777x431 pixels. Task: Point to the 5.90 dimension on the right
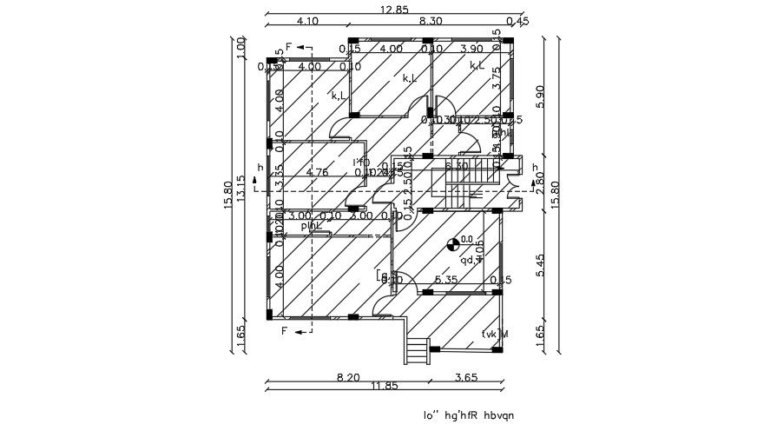point(541,95)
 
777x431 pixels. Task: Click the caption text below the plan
point(468,415)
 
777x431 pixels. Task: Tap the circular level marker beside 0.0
point(451,245)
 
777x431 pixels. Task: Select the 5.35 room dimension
point(446,280)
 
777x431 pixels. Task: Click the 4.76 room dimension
point(318,172)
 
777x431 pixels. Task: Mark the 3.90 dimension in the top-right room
point(471,49)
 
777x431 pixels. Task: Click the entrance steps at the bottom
point(418,351)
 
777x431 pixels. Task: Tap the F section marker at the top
point(289,48)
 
